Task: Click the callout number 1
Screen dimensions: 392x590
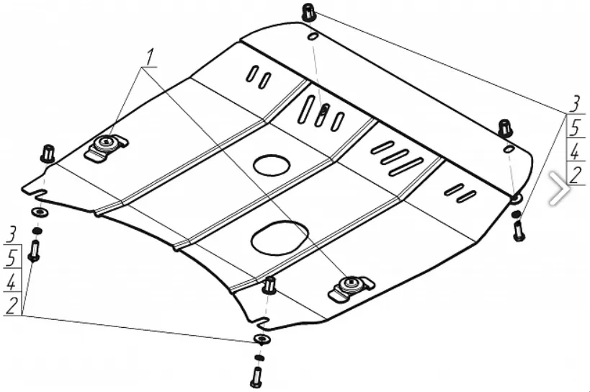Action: [x=150, y=56]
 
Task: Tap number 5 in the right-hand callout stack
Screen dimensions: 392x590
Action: [x=575, y=128]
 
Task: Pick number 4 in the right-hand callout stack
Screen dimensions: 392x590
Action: [x=575, y=151]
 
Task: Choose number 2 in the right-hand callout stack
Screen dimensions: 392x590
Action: [x=575, y=174]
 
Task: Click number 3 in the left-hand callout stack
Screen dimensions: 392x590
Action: [x=12, y=233]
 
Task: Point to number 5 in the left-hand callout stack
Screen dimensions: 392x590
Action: [x=12, y=257]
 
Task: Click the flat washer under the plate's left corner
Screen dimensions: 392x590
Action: [x=38, y=213]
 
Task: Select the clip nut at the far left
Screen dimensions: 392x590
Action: [x=48, y=153]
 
